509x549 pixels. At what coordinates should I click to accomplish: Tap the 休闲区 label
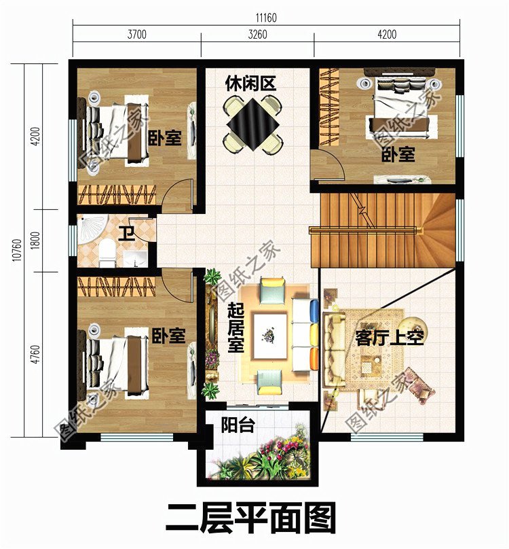click(251, 84)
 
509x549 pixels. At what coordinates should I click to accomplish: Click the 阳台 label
click(238, 426)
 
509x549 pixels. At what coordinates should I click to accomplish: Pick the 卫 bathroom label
click(126, 234)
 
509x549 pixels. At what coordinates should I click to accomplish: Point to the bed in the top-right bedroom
click(397, 109)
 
